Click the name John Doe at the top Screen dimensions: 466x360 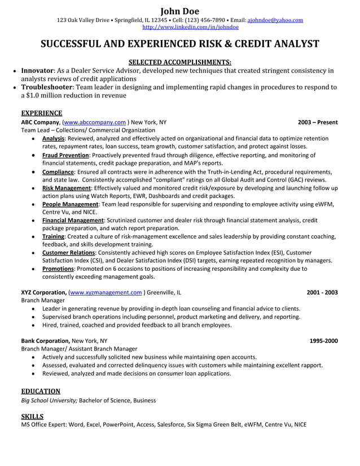click(x=179, y=10)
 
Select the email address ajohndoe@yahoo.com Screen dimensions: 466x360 click(x=275, y=20)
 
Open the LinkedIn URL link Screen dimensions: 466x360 click(x=190, y=27)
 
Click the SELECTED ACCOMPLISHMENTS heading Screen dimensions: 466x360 click(x=179, y=61)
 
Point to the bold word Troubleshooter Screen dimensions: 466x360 click(x=47, y=87)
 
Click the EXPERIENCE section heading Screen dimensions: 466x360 click(x=41, y=113)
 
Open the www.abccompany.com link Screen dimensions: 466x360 click(x=95, y=122)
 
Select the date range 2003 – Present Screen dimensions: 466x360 click(x=318, y=122)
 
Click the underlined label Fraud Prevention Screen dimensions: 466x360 click(x=66, y=155)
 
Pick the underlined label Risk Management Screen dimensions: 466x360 click(x=67, y=188)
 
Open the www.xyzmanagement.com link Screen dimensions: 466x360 click(x=105, y=293)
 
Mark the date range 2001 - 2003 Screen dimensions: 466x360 click(x=322, y=293)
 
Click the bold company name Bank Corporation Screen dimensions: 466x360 click(x=45, y=341)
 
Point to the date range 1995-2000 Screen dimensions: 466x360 click(x=324, y=341)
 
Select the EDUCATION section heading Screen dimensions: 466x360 click(x=41, y=391)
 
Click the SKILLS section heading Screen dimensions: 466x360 click(x=32, y=416)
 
